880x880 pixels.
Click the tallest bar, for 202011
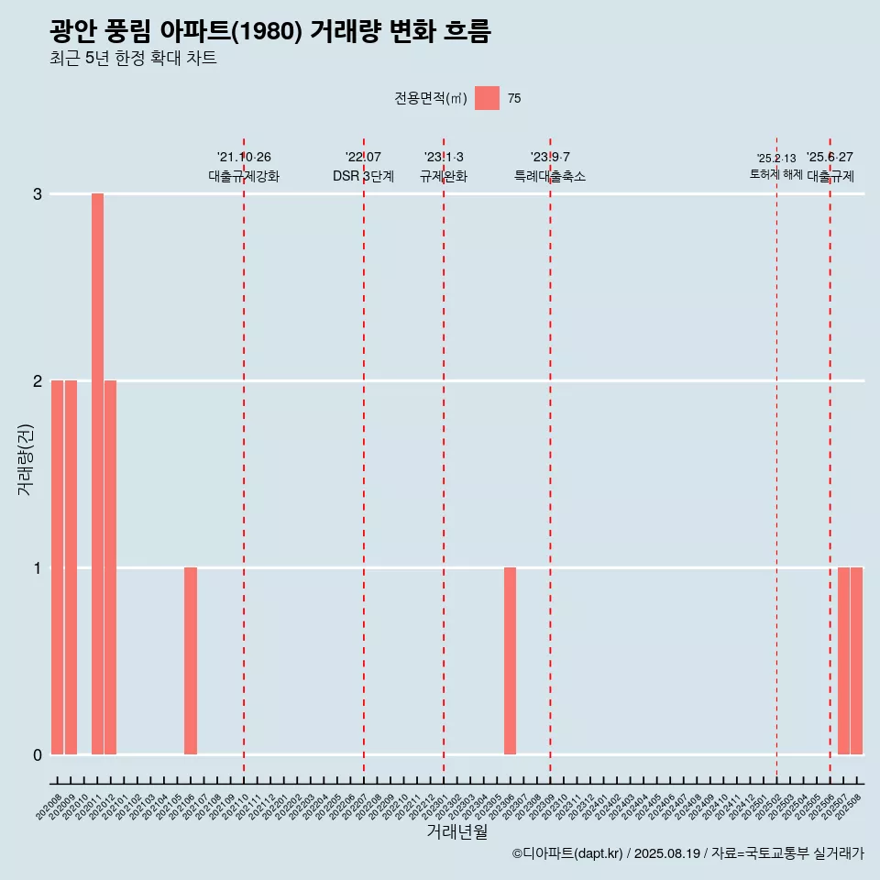point(97,474)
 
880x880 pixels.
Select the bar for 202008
point(57,567)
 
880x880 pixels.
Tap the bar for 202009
point(71,567)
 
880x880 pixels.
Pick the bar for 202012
point(110,567)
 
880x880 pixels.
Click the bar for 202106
point(191,661)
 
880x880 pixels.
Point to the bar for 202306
point(510,661)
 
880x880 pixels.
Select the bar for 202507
point(843,661)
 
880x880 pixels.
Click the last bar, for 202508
point(856,661)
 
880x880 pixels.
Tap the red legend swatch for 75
point(487,98)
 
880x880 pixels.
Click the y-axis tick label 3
point(38,194)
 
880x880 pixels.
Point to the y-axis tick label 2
point(38,380)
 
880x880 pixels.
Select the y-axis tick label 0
point(38,755)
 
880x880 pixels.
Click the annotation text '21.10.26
point(244,158)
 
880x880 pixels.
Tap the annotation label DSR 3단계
point(363,176)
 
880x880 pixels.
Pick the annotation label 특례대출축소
point(550,176)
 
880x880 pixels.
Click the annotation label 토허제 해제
point(775,174)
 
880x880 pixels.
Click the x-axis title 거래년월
point(456,831)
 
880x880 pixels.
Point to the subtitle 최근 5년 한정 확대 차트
point(134,59)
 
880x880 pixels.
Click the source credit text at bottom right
point(687,853)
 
